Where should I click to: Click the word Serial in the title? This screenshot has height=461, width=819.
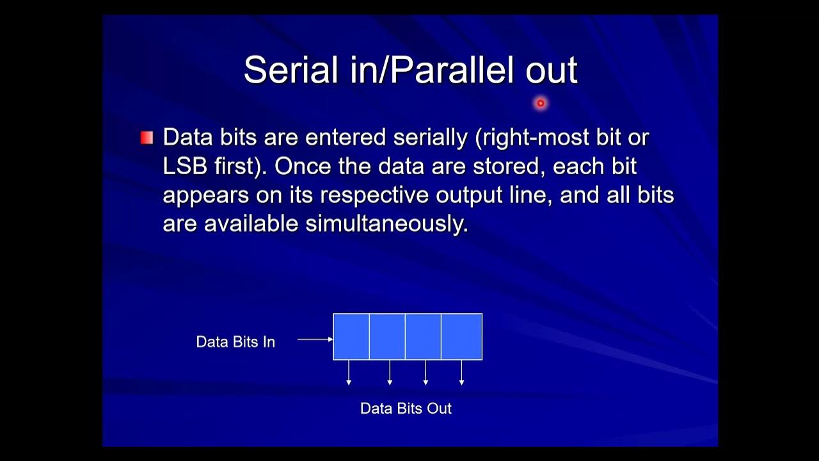[x=291, y=70]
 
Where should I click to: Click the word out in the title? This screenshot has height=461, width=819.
[x=552, y=71]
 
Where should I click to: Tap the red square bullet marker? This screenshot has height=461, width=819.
[x=147, y=138]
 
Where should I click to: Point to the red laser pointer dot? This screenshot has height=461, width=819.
[x=541, y=103]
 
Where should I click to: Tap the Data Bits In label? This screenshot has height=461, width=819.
[x=235, y=342]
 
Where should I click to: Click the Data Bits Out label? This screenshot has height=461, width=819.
[x=406, y=408]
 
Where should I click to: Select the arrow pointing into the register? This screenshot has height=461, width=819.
[x=315, y=339]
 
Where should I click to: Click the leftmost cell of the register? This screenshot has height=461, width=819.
[x=351, y=337]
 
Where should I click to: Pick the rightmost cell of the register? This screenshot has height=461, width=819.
[x=461, y=337]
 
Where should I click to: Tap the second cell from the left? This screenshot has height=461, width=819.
[x=387, y=337]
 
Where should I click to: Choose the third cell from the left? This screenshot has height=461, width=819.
[x=423, y=337]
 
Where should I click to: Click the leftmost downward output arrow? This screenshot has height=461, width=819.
[x=349, y=373]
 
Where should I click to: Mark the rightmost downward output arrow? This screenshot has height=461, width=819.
[x=461, y=373]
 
